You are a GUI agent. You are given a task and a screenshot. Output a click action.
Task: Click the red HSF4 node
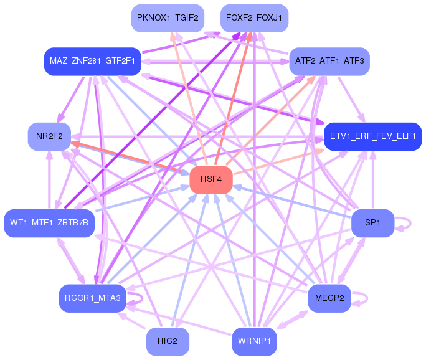point(211,179)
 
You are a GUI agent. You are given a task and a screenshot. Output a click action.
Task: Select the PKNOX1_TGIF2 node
point(168,18)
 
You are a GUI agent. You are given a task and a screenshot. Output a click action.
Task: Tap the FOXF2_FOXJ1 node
point(254,18)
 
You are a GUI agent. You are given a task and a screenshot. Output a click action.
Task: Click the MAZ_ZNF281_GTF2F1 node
point(93,61)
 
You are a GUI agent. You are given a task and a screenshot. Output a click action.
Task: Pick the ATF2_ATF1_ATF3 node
point(329,61)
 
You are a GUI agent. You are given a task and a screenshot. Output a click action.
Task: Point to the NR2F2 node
point(49,136)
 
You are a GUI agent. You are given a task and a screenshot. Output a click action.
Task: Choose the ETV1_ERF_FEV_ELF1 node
point(372,136)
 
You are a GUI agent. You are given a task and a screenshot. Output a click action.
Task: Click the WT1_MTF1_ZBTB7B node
point(49,223)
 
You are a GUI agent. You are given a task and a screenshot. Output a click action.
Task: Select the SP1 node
point(372,223)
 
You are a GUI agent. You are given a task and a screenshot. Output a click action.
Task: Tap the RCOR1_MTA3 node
point(93,298)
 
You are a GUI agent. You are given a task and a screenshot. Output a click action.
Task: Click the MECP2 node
point(329,298)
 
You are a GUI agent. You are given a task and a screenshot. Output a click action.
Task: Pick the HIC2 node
point(168,341)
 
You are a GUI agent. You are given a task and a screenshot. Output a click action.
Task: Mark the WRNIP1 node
point(254,341)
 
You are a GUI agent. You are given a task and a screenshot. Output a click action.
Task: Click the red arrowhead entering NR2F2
point(75,144)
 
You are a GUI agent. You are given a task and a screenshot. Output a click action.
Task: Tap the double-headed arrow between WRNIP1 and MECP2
point(292,320)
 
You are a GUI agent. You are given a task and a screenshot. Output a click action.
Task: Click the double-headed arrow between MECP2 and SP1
point(351,260)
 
